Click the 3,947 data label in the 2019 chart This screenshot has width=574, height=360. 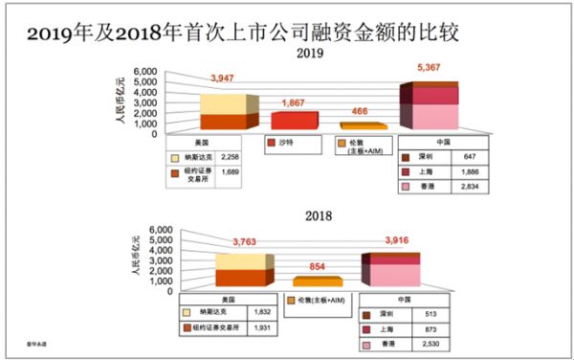222,77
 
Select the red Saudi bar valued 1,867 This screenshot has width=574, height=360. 293,120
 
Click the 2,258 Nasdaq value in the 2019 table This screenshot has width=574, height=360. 230,157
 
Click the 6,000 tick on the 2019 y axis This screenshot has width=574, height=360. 143,72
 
